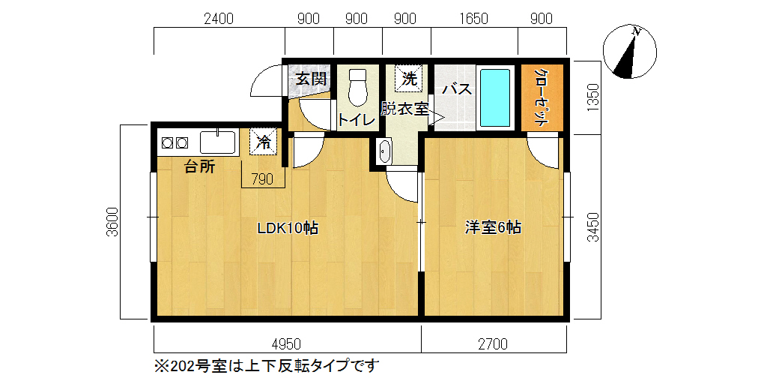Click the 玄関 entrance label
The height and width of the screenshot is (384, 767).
point(311,78)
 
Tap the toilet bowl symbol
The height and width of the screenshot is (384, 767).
point(358,87)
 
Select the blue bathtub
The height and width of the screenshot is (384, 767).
point(495,98)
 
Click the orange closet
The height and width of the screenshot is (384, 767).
point(542,98)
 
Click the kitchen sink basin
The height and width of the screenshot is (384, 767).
point(218,142)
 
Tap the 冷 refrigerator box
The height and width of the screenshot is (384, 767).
point(264,142)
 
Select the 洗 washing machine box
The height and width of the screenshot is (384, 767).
point(408,78)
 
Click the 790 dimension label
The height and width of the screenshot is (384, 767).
point(263,180)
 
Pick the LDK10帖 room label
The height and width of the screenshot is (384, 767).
point(288,228)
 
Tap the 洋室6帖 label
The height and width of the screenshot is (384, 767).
point(493,228)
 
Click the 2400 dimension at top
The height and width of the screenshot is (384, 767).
point(219,19)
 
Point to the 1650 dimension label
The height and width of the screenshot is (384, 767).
point(473,19)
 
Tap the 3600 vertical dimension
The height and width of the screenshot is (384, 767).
point(112,222)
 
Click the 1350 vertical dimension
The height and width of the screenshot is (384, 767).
point(593,98)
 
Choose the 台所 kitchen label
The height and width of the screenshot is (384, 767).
point(199,167)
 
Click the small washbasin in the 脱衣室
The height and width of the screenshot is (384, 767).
point(385,151)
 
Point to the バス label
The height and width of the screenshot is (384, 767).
point(458,89)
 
